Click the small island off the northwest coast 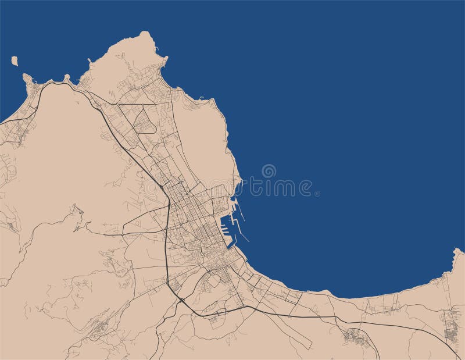[15, 59]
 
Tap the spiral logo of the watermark [269, 172]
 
